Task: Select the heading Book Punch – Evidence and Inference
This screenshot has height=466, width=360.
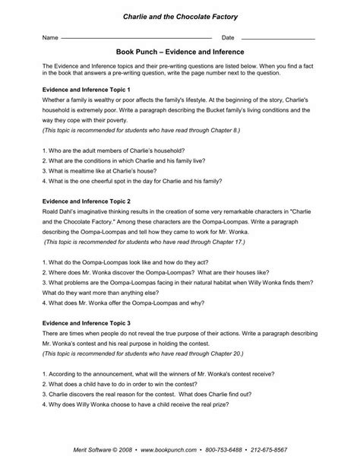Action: [x=179, y=53]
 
